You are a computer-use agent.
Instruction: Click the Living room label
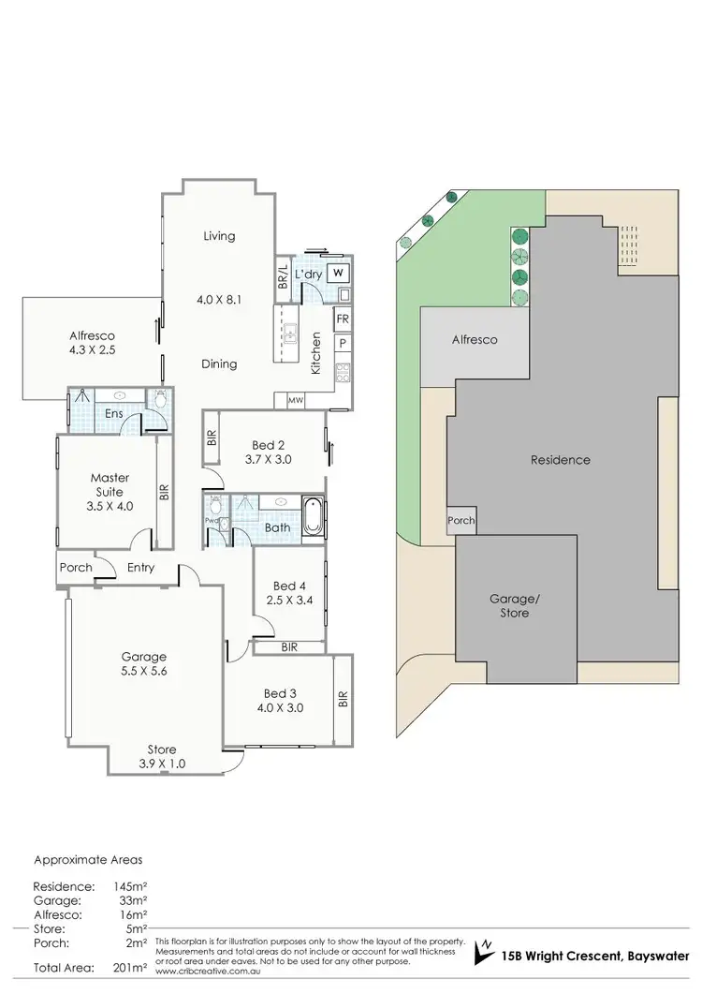tap(219, 236)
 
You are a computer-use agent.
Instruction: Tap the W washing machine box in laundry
tap(339, 273)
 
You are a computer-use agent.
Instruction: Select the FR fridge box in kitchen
tap(343, 319)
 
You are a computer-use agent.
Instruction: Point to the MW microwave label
tap(296, 401)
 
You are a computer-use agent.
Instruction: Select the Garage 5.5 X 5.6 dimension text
tap(143, 671)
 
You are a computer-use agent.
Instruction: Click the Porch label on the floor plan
tap(76, 567)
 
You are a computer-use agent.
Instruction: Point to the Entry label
tap(141, 568)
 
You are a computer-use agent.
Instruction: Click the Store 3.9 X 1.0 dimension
tap(161, 763)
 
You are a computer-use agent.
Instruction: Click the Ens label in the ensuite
tap(112, 413)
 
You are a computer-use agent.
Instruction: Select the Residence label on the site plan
tap(560, 460)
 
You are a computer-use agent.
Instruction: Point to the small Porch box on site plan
tap(461, 521)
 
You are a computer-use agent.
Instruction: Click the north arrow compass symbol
tap(485, 950)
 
